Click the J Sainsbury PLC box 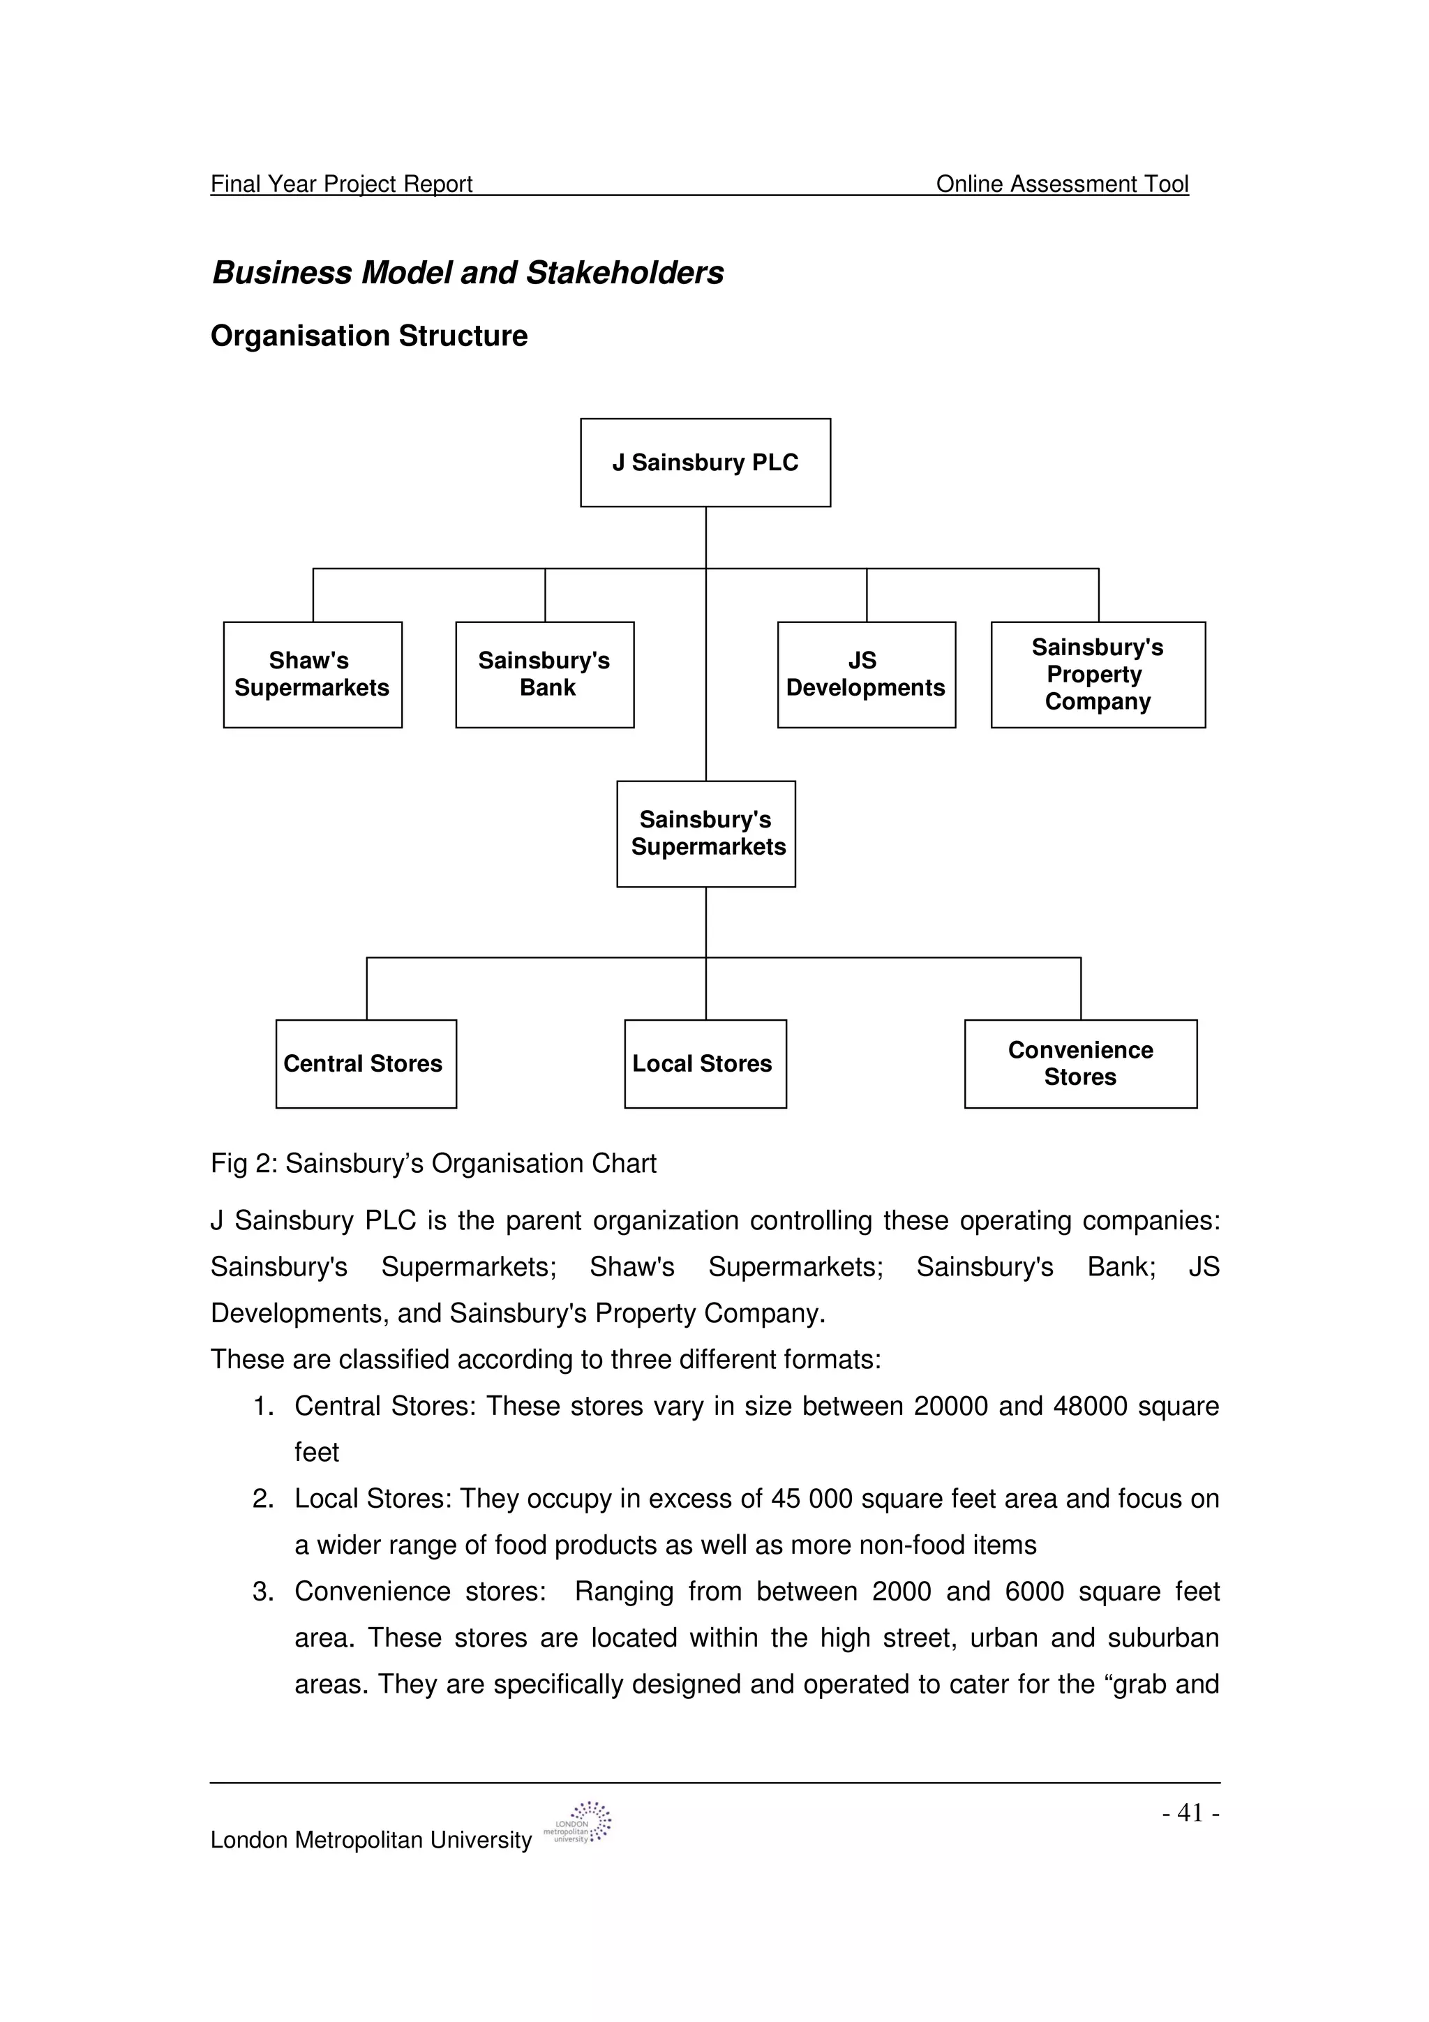[x=705, y=463]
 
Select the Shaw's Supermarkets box [x=313, y=675]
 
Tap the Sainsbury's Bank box [x=544, y=675]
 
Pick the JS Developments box [x=867, y=675]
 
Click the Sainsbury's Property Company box [x=1098, y=675]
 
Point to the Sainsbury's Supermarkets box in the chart [x=705, y=833]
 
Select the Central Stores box [x=366, y=1064]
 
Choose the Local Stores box [x=705, y=1064]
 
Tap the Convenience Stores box [x=1080, y=1064]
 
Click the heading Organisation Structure [x=369, y=336]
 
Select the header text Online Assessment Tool [x=1062, y=184]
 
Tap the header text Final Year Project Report [x=342, y=184]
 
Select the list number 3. [x=262, y=1592]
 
